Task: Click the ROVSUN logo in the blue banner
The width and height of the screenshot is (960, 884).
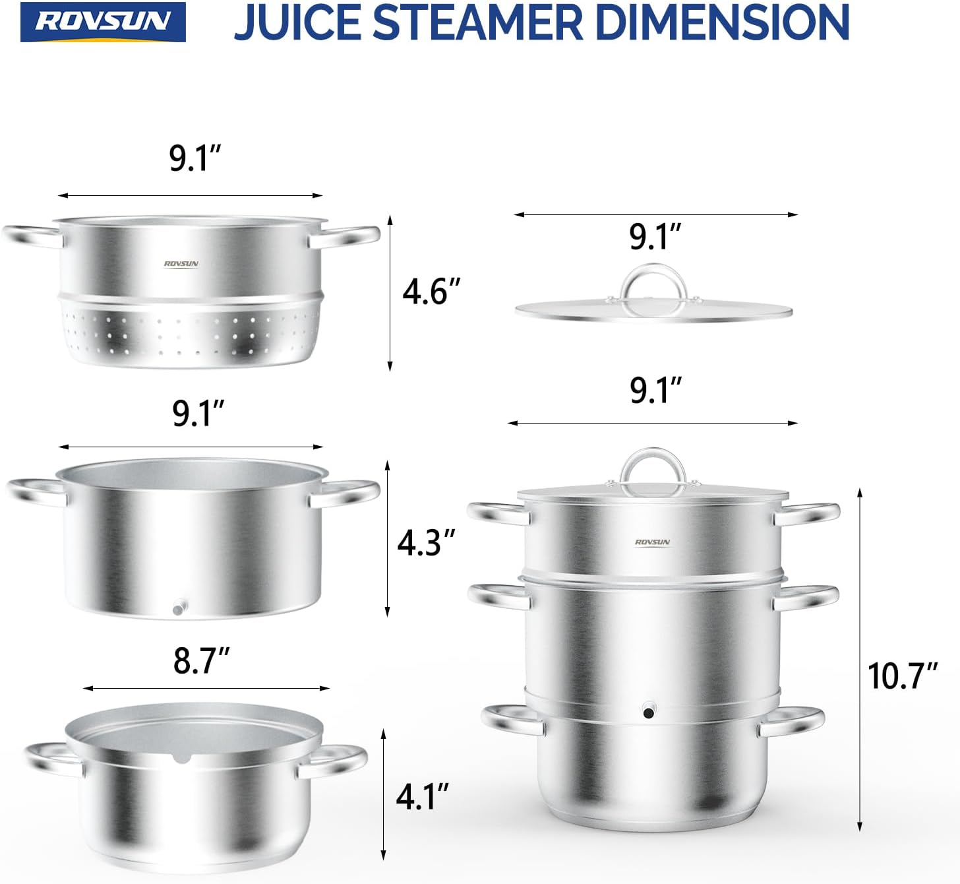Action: [103, 22]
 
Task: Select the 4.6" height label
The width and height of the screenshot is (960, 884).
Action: [431, 291]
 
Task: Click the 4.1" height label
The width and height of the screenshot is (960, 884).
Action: [423, 797]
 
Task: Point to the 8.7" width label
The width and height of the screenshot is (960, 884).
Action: [202, 660]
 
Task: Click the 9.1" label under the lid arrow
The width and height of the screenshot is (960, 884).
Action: [655, 237]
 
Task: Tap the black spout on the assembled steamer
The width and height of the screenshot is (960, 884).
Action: [649, 712]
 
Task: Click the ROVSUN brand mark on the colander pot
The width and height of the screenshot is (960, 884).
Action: [181, 264]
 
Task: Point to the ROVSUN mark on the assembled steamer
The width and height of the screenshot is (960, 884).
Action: [652, 542]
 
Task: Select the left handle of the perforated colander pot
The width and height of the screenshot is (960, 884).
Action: [30, 236]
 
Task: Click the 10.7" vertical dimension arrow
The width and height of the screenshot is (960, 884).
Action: [860, 660]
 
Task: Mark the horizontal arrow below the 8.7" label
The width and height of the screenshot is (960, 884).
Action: [206, 688]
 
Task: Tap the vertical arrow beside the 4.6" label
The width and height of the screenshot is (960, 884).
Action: [390, 293]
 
